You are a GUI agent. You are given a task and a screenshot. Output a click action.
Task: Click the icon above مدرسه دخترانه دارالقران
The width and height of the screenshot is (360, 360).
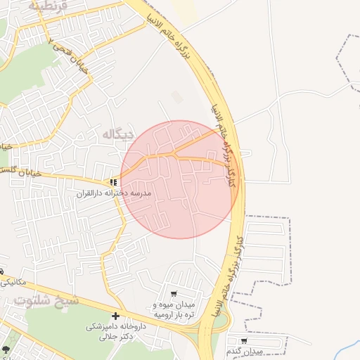[113, 183]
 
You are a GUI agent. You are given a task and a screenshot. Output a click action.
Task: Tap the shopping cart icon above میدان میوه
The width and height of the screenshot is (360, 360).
[174, 293]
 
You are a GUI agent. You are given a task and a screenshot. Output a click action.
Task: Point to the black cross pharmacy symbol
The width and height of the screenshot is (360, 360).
[115, 316]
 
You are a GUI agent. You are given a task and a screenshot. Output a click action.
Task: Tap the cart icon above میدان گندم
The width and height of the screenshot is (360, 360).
[243, 340]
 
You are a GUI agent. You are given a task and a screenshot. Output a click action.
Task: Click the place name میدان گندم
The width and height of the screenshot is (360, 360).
[245, 350]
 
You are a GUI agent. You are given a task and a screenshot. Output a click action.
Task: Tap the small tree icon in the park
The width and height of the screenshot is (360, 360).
[6, 349]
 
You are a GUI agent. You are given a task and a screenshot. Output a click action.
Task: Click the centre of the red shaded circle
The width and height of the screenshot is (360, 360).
[180, 179]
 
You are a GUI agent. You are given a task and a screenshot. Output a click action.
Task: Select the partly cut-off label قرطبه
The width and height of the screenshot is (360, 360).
[49, 5]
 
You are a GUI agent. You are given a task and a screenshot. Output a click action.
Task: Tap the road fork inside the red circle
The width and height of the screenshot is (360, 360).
[174, 153]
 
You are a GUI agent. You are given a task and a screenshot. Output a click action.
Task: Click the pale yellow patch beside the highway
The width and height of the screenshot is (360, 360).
[184, 9]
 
